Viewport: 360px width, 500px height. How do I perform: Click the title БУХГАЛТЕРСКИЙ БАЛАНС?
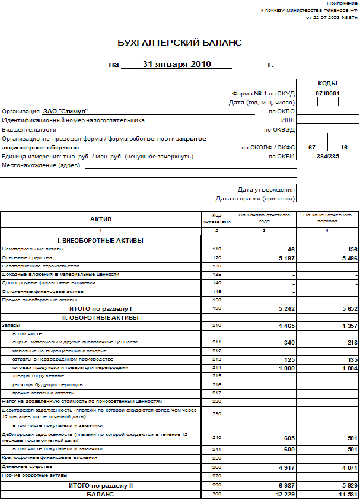coord(179,43)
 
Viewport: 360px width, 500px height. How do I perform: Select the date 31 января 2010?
coord(177,64)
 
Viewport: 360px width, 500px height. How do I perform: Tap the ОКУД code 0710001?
coord(327,93)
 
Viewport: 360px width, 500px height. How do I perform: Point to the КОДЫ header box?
coord(327,84)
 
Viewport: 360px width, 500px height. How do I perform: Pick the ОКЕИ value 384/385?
coord(327,156)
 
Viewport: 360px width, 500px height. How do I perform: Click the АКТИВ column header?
coord(100,219)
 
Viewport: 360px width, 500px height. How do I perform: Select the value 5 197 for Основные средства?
coord(283,258)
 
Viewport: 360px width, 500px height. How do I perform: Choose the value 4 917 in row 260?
coord(283,467)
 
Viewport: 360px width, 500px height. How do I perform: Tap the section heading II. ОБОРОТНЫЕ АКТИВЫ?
coord(100,317)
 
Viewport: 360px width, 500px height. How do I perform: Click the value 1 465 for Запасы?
coord(283,326)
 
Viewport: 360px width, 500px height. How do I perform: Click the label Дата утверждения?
coord(266,189)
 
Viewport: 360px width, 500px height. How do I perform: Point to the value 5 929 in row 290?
coord(346,485)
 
